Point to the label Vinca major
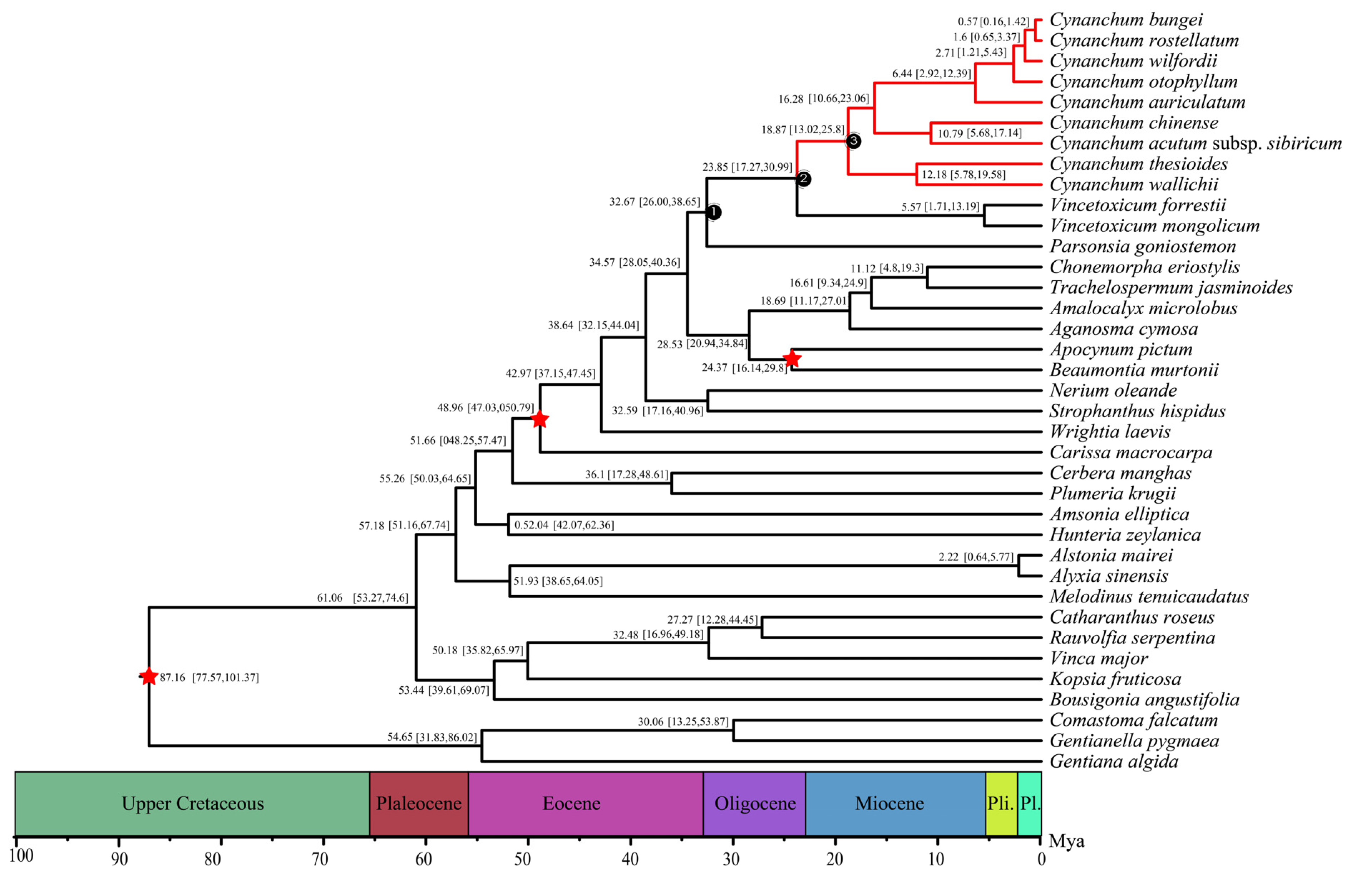(x=1098, y=659)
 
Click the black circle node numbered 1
(x=714, y=212)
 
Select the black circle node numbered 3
(x=853, y=141)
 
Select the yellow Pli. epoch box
(x=1001, y=804)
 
